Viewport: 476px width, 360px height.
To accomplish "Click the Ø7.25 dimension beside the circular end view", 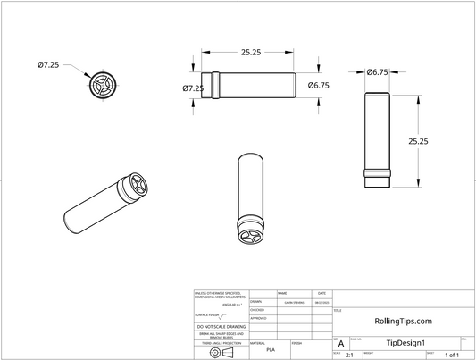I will pyautogui.click(x=48, y=65).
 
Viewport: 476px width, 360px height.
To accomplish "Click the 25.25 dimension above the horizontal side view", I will pyautogui.click(x=250, y=53).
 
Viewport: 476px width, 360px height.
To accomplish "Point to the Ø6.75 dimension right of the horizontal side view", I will pyautogui.click(x=320, y=86).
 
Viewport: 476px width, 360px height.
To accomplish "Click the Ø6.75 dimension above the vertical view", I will pyautogui.click(x=377, y=71).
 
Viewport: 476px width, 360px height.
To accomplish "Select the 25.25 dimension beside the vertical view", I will pyautogui.click(x=419, y=141).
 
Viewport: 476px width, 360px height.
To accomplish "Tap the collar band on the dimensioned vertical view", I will pyautogui.click(x=378, y=172).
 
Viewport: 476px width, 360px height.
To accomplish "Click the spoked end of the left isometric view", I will pyautogui.click(x=138, y=187).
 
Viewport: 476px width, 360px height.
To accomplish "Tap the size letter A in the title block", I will pyautogui.click(x=340, y=344).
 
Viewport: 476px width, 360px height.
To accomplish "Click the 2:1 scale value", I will pyautogui.click(x=348, y=356).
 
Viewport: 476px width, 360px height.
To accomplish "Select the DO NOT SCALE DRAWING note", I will pyautogui.click(x=221, y=327).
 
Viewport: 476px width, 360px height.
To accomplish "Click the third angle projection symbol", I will pyautogui.click(x=221, y=352).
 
